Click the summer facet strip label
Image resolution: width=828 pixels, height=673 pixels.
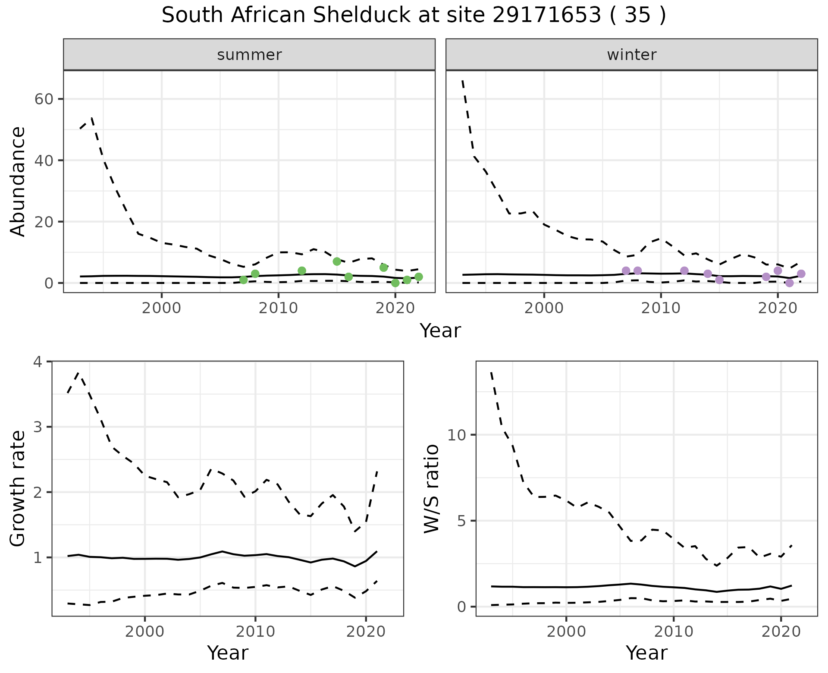click(249, 55)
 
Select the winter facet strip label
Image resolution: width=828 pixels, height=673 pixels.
click(631, 55)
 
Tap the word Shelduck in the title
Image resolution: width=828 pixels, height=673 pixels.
click(361, 16)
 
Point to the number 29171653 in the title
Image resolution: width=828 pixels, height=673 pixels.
click(546, 16)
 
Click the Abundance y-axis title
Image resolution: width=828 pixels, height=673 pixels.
click(18, 181)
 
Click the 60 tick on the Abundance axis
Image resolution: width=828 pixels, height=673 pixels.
click(43, 99)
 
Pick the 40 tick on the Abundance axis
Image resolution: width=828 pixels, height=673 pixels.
click(43, 160)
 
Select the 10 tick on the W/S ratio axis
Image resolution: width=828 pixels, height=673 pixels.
click(457, 435)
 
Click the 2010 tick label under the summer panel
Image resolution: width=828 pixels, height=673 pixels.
click(278, 309)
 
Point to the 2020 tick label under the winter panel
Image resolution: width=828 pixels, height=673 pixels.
click(777, 309)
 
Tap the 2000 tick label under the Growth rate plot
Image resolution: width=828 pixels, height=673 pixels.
click(145, 632)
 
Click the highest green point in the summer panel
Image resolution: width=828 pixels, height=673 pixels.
click(337, 261)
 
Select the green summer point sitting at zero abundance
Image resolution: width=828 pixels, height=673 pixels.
click(395, 283)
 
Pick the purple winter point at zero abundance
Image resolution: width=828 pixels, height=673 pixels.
click(789, 283)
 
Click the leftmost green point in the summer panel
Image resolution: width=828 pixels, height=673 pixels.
click(243, 280)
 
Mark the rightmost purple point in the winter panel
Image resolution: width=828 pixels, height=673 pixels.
click(801, 274)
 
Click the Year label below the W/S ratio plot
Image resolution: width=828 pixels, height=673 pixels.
click(646, 653)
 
